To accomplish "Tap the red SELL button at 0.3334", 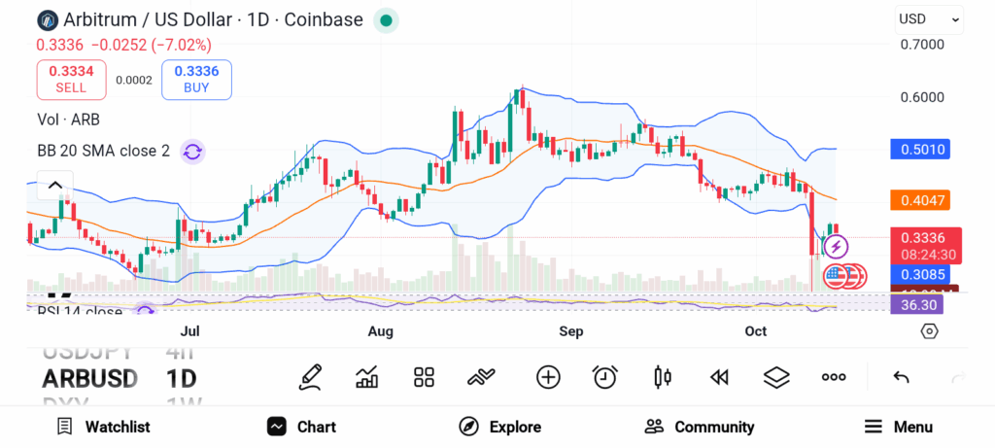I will coord(71,79).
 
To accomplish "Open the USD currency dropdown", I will coord(928,18).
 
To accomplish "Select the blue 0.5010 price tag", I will coord(919,150).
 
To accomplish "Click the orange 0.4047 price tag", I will coord(919,200).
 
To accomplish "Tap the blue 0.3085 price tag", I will coord(919,275).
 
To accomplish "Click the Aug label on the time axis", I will coord(380,332).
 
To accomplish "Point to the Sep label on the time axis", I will coord(570,332).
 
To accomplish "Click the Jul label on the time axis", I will coord(190,332).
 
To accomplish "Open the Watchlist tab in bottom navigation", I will coord(103,427).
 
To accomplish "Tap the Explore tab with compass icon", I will coord(499,427).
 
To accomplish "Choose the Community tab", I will coord(699,427).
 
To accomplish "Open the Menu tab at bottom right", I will coord(898,427).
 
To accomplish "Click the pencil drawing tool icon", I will coord(310,377).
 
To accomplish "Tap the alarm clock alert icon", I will coord(605,377).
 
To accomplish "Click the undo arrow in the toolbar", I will coord(901,377).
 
